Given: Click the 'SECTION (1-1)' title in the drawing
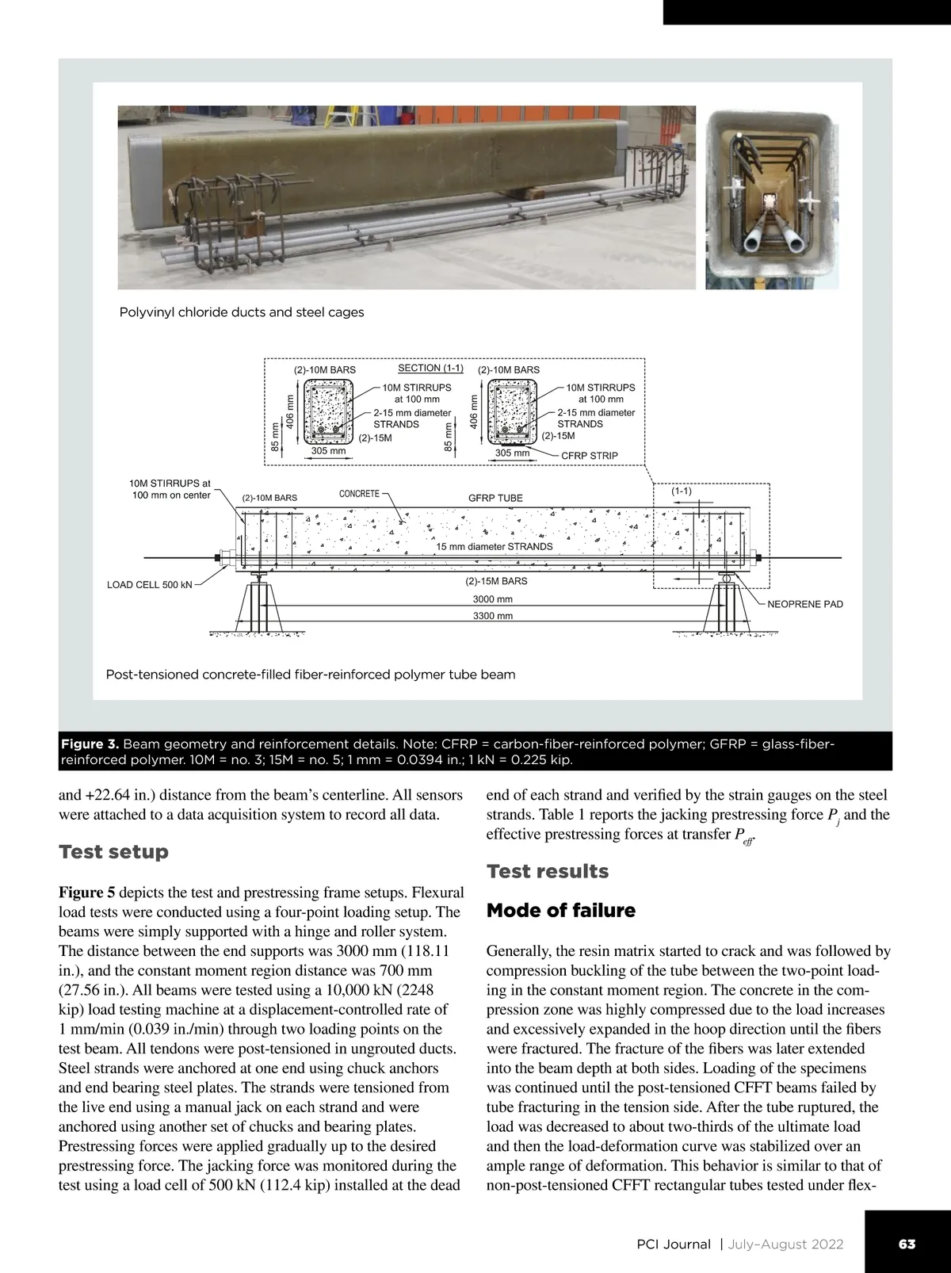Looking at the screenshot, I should [430, 368].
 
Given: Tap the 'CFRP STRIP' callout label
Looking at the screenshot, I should [589, 456].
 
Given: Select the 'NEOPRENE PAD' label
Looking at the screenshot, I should [805, 604].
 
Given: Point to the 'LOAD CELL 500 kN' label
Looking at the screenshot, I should [150, 585].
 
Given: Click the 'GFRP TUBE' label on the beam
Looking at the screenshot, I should [495, 498].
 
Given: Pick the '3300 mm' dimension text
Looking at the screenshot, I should [492, 616].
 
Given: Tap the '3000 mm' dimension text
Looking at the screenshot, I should [492, 599].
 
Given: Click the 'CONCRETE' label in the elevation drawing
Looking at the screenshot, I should [359, 493].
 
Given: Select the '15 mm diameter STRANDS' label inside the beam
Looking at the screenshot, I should [495, 546].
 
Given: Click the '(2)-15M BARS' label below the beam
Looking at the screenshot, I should [496, 581].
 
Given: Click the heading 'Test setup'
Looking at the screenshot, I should [113, 852].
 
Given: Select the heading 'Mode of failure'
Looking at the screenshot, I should [560, 910].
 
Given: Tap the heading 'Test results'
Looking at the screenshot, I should [547, 871].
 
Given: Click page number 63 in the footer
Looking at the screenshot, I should [907, 1244].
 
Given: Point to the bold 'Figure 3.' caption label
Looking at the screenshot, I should [90, 744].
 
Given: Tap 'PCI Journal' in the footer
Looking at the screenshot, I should [674, 1244].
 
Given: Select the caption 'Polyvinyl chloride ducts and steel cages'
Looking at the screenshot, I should [242, 312].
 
